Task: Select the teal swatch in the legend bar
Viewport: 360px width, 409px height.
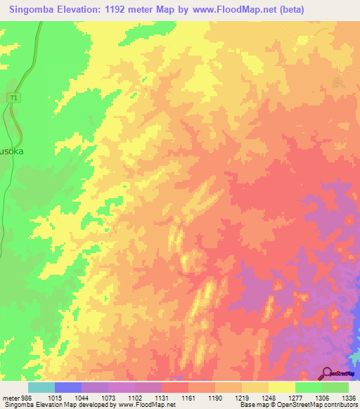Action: click(x=41, y=387)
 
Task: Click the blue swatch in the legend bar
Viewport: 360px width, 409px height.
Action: click(x=68, y=387)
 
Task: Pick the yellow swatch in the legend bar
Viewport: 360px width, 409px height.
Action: click(x=282, y=387)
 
